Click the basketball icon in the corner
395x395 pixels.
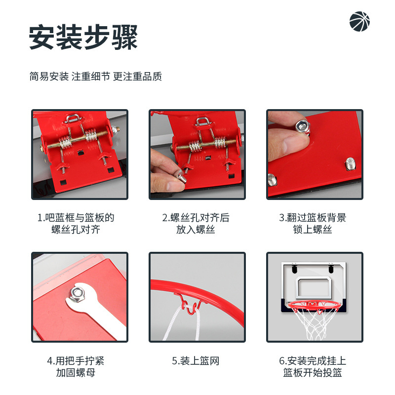pos(359,21)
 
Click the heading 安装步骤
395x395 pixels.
pos(83,37)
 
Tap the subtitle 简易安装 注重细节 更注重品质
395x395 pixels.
pos(96,77)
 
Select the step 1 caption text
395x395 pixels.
pos(76,224)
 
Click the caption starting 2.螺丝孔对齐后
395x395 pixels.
pos(196,224)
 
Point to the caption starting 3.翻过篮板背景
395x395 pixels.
pos(313,224)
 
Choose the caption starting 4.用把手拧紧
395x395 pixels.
pos(76,366)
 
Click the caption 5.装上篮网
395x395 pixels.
pos(196,361)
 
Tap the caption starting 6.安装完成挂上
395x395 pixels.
pos(313,366)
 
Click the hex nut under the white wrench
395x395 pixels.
pos(77,294)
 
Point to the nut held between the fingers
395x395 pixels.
pos(303,127)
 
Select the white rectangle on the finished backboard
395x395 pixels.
pos(313,287)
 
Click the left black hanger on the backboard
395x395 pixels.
pos(294,268)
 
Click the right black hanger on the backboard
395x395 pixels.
pos(331,268)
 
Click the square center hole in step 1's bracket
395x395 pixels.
pos(80,153)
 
